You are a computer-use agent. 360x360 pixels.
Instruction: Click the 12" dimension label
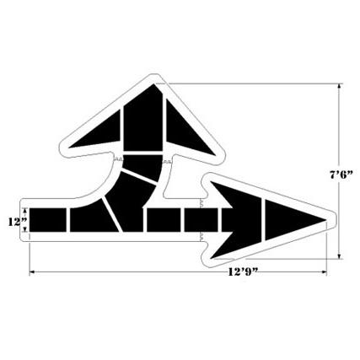pos(14,221)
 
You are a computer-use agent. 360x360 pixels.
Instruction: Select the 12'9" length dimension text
pos(241,272)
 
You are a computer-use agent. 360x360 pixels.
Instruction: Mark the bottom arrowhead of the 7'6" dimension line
pos(341,254)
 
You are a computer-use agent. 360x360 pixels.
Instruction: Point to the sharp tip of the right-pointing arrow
pos(327,221)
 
